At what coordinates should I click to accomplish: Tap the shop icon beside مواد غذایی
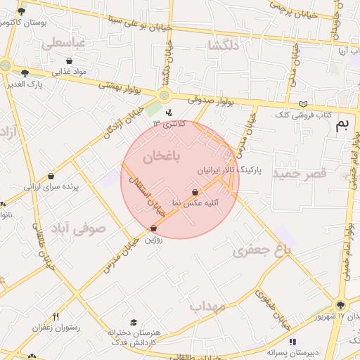coord(69,61)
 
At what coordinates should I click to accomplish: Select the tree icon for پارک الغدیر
coord(25,72)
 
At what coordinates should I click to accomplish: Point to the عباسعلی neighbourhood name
coord(63,44)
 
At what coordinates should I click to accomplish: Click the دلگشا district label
coord(224,46)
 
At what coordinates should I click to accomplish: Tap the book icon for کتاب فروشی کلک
coord(303,103)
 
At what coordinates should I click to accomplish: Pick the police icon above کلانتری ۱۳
coord(168,112)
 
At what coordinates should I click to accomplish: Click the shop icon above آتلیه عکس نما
coord(195,192)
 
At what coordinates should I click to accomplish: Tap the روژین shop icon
coord(154,228)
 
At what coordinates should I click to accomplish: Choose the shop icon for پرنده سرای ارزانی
coord(51,177)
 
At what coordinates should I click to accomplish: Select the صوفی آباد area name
coord(79,228)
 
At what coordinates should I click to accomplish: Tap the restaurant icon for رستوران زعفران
coord(56,316)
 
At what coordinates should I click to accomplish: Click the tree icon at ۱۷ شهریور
coord(340,305)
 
